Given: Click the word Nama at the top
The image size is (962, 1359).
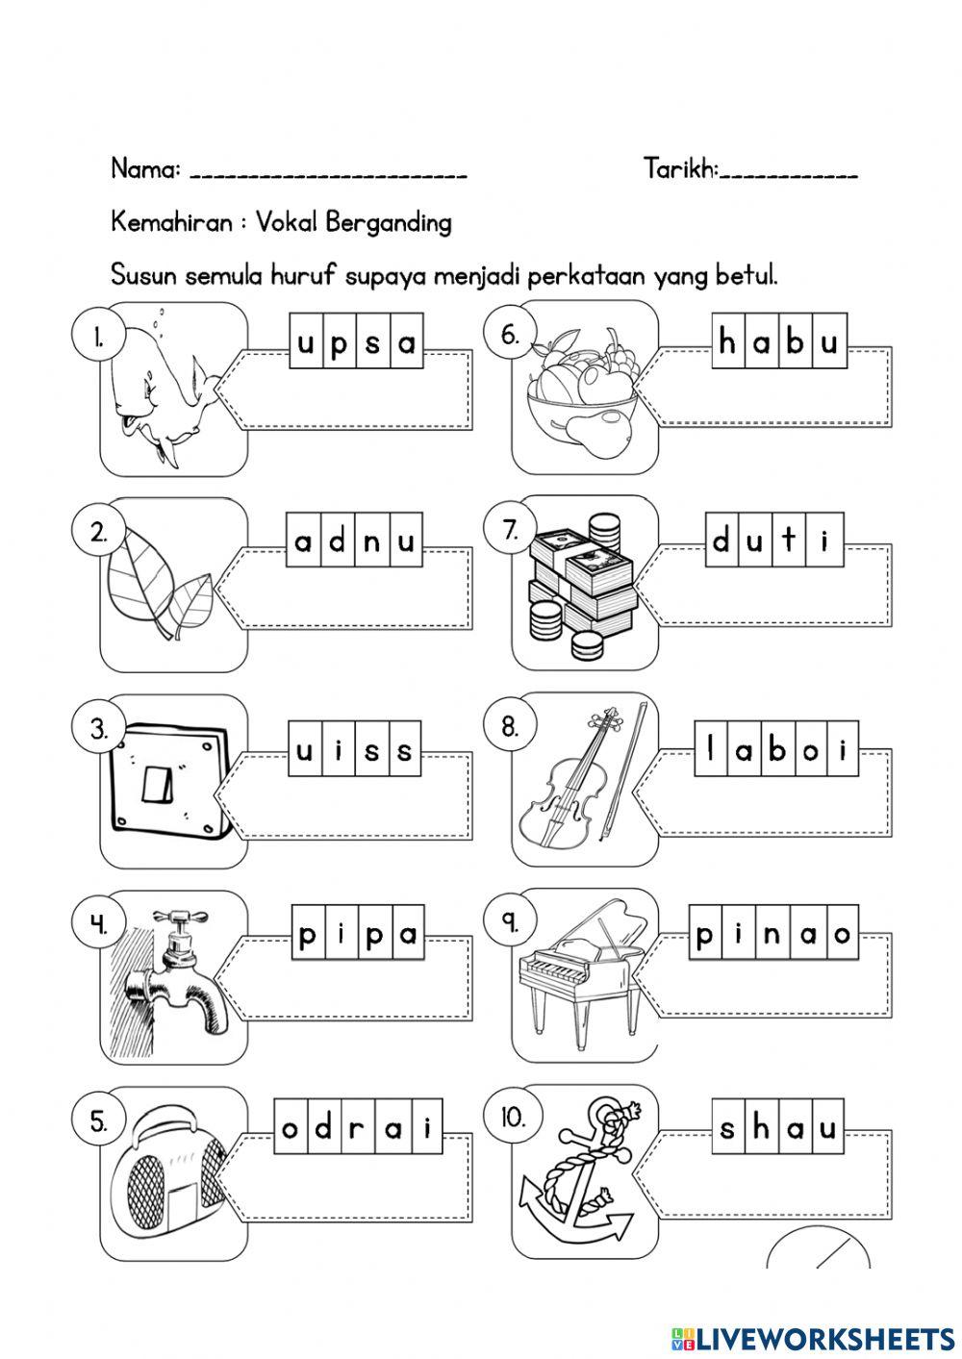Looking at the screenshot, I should [x=144, y=169].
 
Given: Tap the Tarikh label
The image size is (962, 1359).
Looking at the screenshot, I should [x=679, y=169].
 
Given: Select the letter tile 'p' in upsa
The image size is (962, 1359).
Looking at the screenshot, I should [x=339, y=343].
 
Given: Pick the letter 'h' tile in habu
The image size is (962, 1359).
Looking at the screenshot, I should [x=728, y=342].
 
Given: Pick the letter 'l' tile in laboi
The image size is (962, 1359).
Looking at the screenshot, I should [x=711, y=747].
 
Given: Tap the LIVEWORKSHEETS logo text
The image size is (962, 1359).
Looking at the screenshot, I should [x=823, y=1338].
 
